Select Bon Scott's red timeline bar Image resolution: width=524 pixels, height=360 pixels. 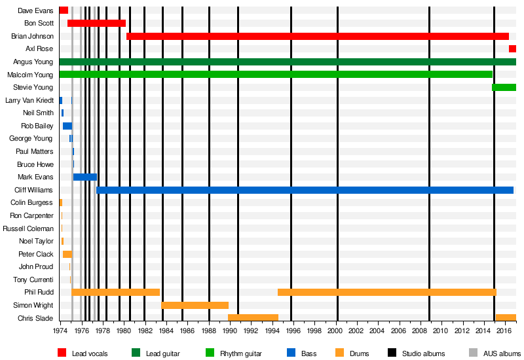pyautogui.click(x=96, y=23)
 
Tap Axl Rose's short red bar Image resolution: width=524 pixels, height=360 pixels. pyautogui.click(x=512, y=48)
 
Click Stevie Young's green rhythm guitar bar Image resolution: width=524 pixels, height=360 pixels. pyautogui.click(x=504, y=87)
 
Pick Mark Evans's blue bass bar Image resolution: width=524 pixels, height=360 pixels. pyautogui.click(x=84, y=177)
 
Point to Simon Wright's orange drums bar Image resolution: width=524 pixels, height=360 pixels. pyautogui.click(x=195, y=305)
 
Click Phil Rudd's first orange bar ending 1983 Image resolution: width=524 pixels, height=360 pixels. pyautogui.click(x=115, y=292)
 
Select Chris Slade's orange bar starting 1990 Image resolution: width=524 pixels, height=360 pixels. pyautogui.click(x=253, y=317)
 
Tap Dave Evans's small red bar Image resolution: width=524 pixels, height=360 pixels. pyautogui.click(x=64, y=10)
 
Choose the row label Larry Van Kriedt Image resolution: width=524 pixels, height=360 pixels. pyautogui.click(x=29, y=100)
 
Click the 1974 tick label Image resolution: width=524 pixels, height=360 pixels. pyautogui.click(x=60, y=331)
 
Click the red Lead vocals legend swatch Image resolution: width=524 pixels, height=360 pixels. pyautogui.click(x=62, y=353)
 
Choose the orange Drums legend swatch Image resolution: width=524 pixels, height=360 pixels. pyautogui.click(x=340, y=353)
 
